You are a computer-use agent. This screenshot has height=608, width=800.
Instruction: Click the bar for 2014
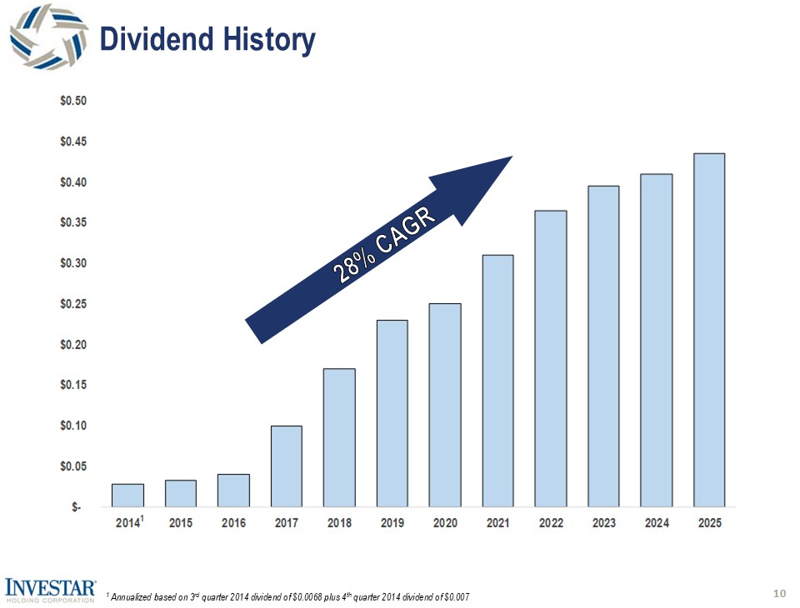[x=127, y=496]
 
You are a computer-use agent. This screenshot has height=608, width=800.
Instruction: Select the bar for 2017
[x=287, y=466]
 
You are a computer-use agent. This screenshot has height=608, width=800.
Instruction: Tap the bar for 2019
[x=392, y=413]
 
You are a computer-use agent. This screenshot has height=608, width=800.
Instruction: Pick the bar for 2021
[x=498, y=381]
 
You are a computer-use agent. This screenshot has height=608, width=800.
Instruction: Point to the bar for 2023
[x=604, y=346]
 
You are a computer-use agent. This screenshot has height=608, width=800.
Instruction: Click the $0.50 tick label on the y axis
[x=74, y=101]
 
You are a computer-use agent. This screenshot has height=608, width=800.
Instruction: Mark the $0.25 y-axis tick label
[x=74, y=304]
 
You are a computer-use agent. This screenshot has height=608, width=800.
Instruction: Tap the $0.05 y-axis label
[x=74, y=466]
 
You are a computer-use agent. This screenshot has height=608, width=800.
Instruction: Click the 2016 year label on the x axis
[x=233, y=524]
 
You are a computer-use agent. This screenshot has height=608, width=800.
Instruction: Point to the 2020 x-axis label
[x=445, y=524]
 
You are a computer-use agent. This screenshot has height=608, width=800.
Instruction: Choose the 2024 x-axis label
[x=657, y=524]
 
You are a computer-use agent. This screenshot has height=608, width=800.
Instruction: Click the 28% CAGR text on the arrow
[x=385, y=247]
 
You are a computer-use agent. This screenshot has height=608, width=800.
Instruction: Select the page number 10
[x=780, y=593]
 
